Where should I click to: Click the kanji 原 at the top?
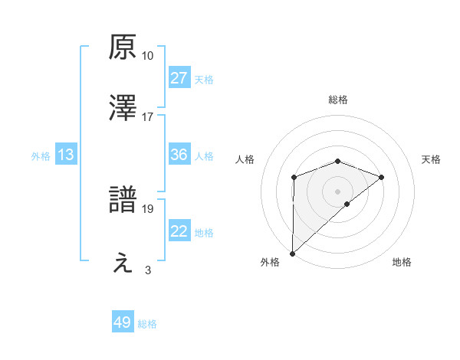click(123, 47)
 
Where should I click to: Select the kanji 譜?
click(123, 200)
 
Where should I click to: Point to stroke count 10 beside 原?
click(148, 56)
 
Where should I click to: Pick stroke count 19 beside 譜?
click(148, 208)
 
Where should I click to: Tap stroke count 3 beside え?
click(148, 270)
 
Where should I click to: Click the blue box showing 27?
click(179, 78)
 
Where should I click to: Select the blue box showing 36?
click(179, 155)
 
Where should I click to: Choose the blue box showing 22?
click(179, 231)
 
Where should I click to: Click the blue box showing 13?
click(66, 155)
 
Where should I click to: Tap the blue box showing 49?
click(123, 322)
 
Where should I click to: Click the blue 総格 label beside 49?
click(148, 324)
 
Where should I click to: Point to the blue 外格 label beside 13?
click(41, 156)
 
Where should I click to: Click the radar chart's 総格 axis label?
click(337, 100)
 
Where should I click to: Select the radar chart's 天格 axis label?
click(432, 159)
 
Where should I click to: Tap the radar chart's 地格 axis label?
click(402, 263)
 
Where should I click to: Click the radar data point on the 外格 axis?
click(292, 253)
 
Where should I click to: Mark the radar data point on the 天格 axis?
click(381, 177)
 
